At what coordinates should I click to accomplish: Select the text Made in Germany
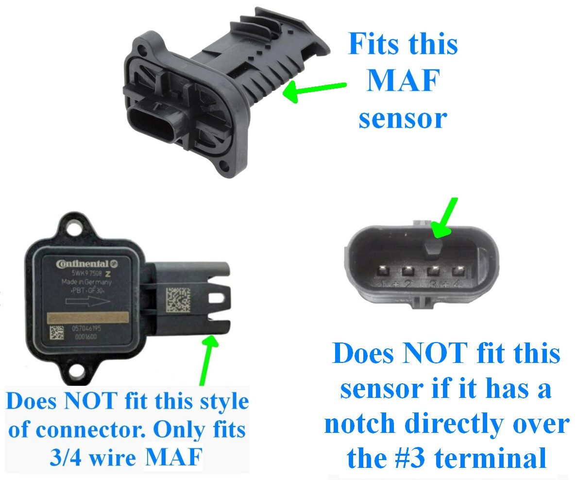coord(86,282)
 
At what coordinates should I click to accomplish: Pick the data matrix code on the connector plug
coord(179,301)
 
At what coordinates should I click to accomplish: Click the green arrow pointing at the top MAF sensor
coord(313,90)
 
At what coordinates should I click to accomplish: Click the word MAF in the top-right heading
coord(402,81)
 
